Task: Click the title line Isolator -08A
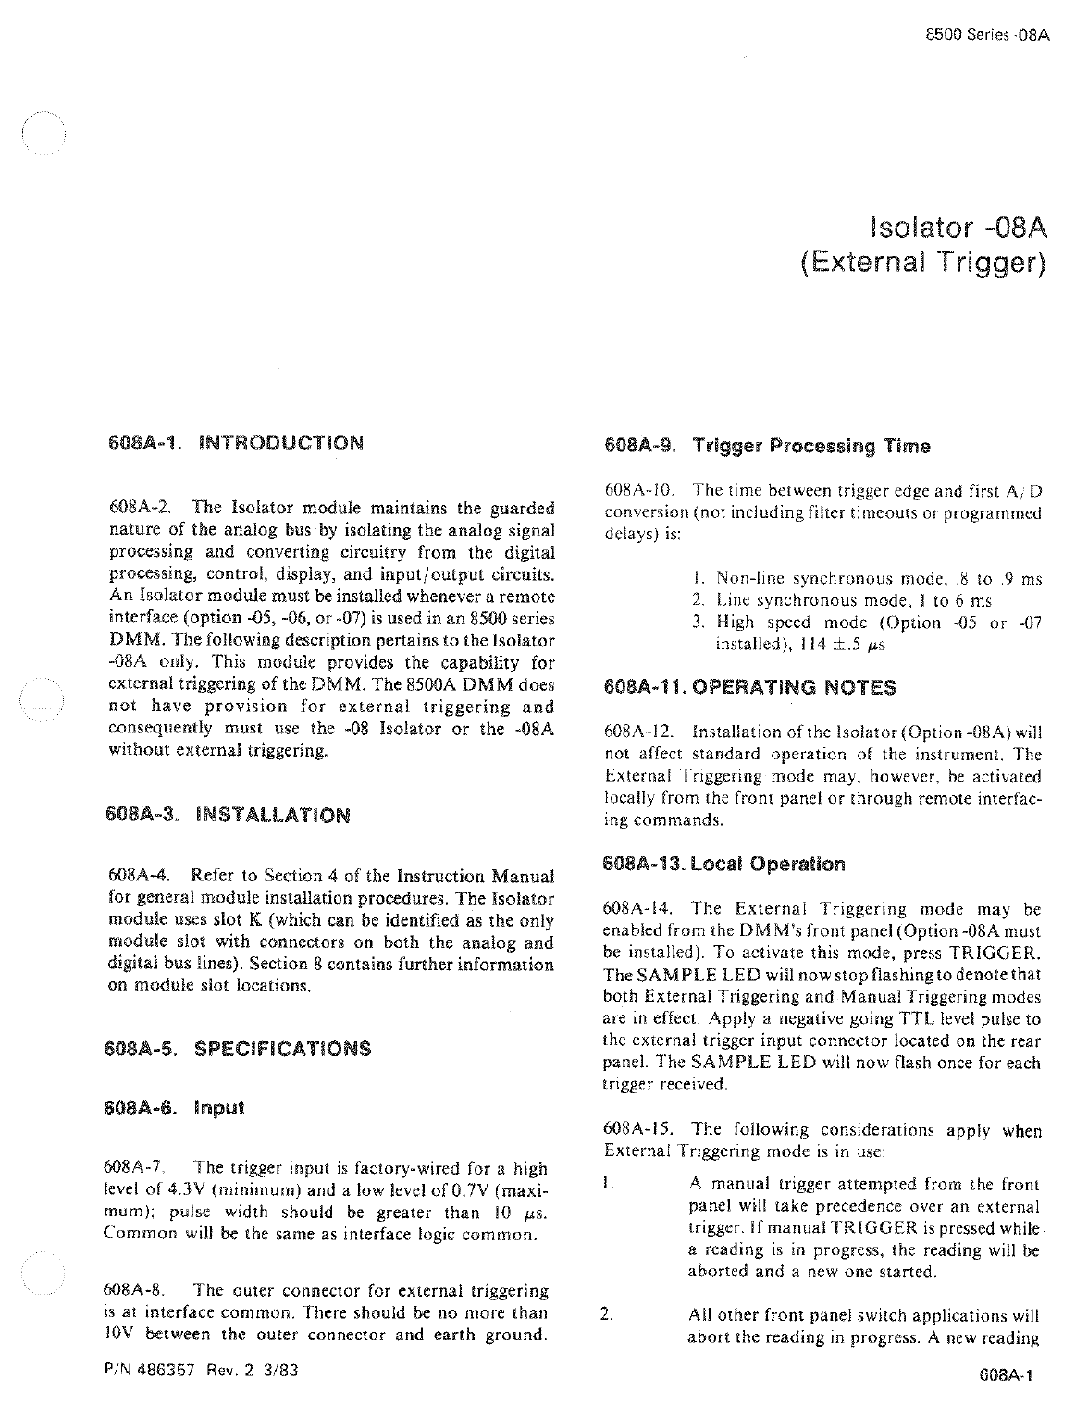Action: [x=958, y=227]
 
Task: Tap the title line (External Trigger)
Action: [x=922, y=265]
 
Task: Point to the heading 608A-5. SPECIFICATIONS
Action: [x=240, y=1049]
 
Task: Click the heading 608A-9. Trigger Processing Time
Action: [x=766, y=447]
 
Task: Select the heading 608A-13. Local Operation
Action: [x=723, y=865]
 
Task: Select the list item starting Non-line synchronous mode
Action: [x=870, y=580]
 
